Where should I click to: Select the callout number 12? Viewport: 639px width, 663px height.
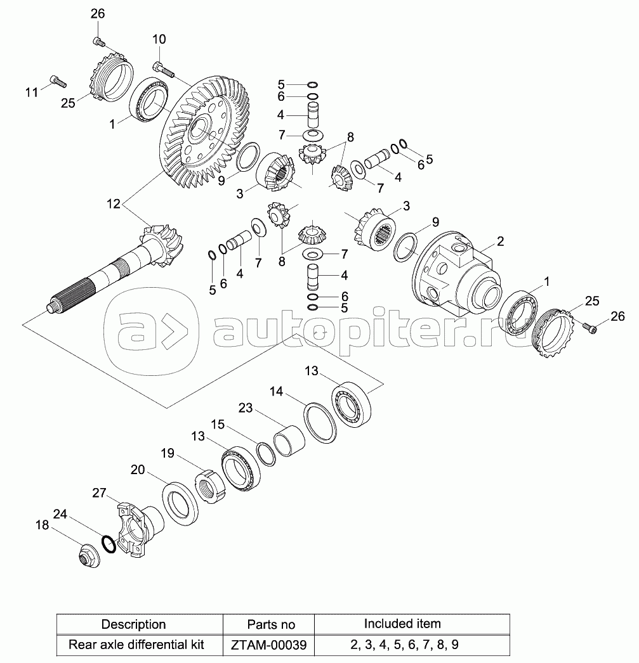coord(114,204)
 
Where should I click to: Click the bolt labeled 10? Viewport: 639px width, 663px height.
coord(163,69)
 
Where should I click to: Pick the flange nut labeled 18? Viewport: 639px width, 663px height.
coord(89,556)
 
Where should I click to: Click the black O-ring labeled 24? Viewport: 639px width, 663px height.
coord(109,544)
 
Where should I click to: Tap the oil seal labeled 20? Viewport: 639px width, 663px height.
coord(181,503)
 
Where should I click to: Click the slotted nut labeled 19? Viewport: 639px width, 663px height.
coord(210,486)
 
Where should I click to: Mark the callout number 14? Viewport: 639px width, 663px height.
coord(276,392)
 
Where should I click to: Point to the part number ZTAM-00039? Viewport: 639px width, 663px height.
coord(268,645)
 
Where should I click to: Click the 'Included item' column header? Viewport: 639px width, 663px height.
coord(402,624)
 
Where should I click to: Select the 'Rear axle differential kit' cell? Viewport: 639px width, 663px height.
coord(136,645)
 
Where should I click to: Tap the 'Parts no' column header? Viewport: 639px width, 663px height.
coord(271,624)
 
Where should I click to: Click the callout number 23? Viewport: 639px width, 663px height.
coord(246,408)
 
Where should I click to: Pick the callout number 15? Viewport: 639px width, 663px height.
coord(218,425)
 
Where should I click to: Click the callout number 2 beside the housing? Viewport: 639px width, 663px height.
coord(500,241)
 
